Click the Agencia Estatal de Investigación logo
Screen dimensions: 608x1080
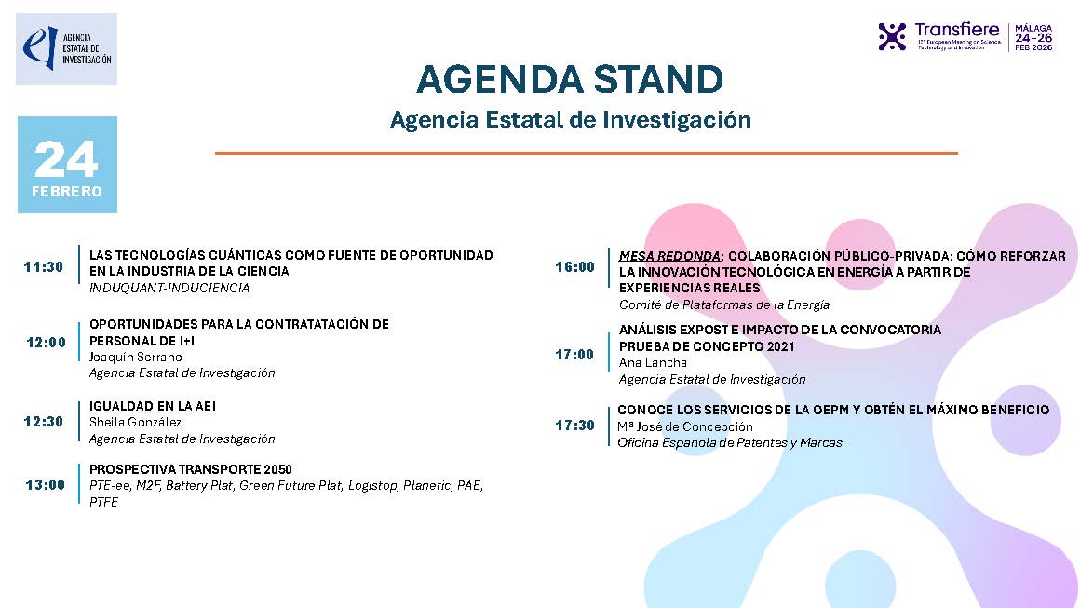(x=66, y=48)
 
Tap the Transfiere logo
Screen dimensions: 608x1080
(x=965, y=36)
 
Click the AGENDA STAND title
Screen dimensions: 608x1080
(x=570, y=80)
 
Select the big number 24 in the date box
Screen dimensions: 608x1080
(x=66, y=160)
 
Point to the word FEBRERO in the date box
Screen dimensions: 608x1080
(x=67, y=192)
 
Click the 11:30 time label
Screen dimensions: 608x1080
(x=44, y=267)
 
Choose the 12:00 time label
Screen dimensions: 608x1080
(x=47, y=342)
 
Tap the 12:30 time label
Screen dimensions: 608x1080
(x=44, y=422)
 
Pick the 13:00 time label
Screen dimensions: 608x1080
(x=46, y=484)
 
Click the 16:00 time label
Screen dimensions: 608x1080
(x=574, y=267)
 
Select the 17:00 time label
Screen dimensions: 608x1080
(x=574, y=354)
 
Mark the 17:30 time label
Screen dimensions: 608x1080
(x=574, y=426)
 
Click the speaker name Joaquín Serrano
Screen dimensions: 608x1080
(x=136, y=357)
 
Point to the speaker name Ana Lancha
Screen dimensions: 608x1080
(x=653, y=362)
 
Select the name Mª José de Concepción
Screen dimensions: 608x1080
(x=685, y=426)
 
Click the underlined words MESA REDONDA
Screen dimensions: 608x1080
(x=669, y=256)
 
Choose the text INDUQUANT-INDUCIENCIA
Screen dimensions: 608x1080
(x=169, y=288)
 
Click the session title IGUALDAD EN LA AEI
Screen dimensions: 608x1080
(x=153, y=406)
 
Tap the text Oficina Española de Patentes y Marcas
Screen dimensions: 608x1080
(x=730, y=442)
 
